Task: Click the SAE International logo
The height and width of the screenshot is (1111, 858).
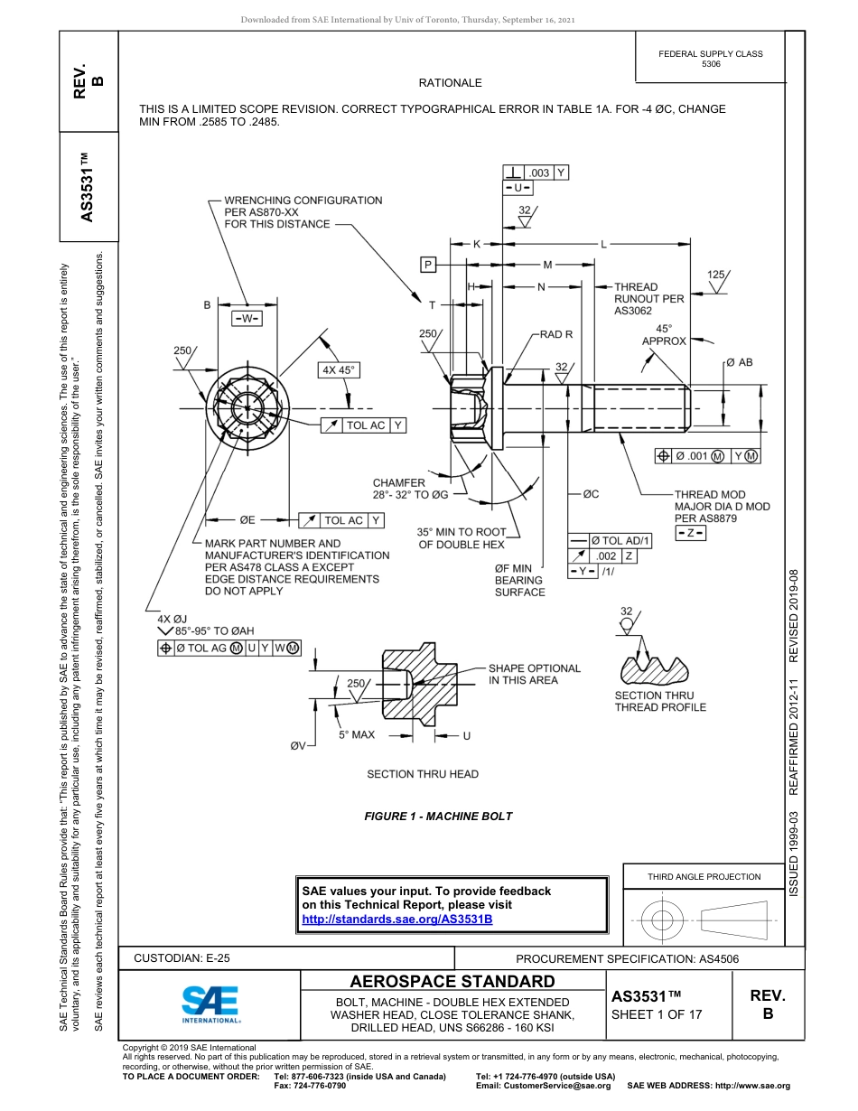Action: point(210,1002)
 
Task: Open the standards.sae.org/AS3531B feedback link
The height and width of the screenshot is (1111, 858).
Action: point(396,919)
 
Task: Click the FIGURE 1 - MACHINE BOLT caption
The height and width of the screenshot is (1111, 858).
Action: point(438,817)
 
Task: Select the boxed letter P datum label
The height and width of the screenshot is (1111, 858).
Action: point(427,264)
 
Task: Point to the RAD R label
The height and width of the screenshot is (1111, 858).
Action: point(556,334)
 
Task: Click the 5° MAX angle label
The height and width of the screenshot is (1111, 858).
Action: point(357,735)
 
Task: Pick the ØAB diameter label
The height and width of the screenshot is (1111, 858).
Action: point(739,362)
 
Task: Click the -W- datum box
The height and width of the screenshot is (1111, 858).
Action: point(246,318)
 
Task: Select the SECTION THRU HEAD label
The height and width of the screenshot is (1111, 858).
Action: point(423,774)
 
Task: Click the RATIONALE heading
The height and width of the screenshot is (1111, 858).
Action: point(450,83)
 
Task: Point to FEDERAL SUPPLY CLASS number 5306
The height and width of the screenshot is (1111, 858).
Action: point(711,64)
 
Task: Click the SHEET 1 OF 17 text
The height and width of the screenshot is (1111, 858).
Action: point(657,1014)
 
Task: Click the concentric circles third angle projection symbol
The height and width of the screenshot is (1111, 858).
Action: point(662,920)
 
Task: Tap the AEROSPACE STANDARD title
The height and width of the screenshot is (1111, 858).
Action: point(452,982)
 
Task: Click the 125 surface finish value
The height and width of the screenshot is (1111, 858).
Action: point(716,274)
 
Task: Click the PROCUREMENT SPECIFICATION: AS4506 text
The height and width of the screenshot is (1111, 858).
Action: point(627,958)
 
